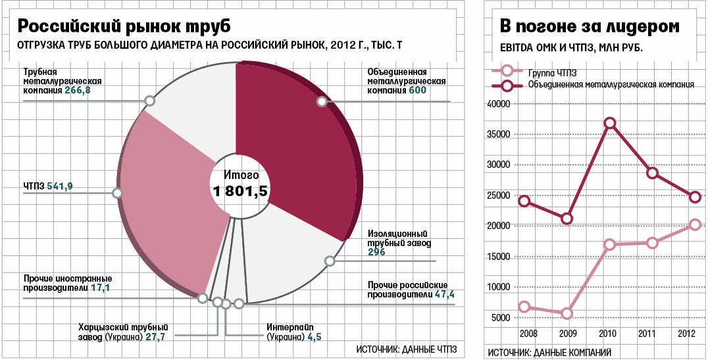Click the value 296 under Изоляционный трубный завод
(376, 252)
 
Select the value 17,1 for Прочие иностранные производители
(101, 288)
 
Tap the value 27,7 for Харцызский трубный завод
(155, 337)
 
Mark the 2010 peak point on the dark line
(609, 123)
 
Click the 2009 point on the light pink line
(567, 313)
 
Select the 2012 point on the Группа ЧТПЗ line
(695, 225)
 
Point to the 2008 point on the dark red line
(524, 201)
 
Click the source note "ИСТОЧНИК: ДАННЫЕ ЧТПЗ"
(407, 349)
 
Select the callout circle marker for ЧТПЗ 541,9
(117, 193)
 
